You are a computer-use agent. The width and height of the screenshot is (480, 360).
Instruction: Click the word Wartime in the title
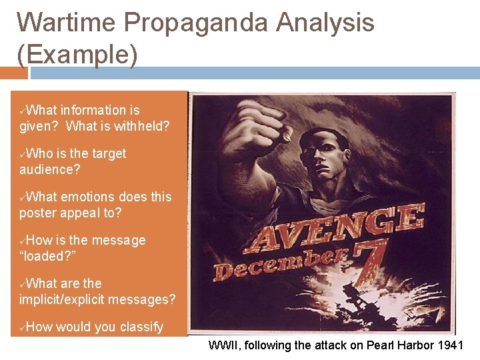(x=66, y=23)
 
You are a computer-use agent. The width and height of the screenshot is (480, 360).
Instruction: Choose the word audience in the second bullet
(x=49, y=169)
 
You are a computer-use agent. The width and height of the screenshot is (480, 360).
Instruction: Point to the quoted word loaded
(x=47, y=256)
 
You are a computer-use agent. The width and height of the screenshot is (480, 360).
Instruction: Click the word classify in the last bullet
(x=141, y=327)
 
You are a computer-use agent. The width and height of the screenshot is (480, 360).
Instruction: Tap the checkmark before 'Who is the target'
(x=23, y=154)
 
